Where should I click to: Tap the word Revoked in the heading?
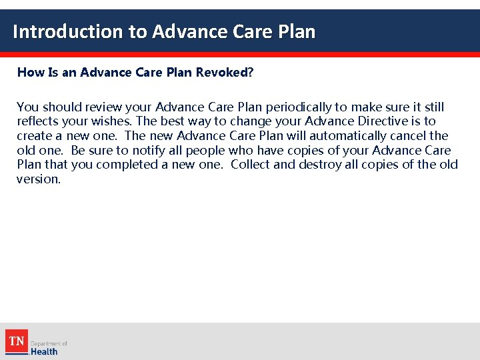(222, 72)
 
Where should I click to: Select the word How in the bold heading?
(29, 72)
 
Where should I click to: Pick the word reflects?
(39, 121)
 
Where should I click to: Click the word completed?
(133, 165)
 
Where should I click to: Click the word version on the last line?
(38, 179)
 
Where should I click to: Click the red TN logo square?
(16, 341)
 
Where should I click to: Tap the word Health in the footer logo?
(44, 351)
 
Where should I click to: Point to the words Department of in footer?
(49, 343)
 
